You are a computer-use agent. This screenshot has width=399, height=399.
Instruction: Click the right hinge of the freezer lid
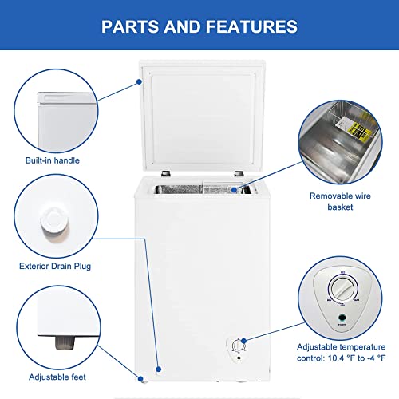[x=237, y=173]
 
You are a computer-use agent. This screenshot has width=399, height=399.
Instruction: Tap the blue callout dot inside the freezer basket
[x=233, y=190]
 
